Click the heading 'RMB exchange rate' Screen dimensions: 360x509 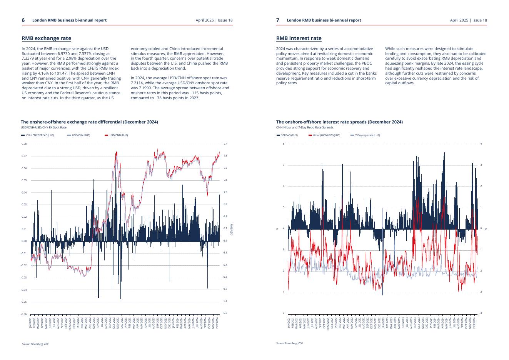[x=46, y=38]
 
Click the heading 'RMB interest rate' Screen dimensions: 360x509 [x=299, y=38]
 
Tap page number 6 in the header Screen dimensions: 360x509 [x=23, y=20]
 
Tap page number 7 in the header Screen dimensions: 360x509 [x=278, y=20]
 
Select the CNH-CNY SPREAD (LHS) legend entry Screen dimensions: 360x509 [x=38, y=135]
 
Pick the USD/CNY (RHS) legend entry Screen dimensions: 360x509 [x=78, y=135]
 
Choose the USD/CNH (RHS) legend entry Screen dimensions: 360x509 [x=116, y=135]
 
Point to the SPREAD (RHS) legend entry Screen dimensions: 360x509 [x=287, y=135]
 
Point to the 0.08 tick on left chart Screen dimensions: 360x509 [x=24, y=144]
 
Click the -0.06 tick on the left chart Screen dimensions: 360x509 [x=24, y=314]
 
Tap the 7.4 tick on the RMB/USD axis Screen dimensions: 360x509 [x=225, y=144]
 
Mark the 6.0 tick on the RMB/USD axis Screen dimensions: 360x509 [x=225, y=313]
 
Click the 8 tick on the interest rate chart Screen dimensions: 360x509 [x=284, y=144]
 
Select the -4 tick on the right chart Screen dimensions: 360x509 [x=480, y=313]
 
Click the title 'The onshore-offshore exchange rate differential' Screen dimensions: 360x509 [x=89, y=122]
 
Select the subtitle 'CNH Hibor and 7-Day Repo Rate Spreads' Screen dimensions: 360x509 [x=305, y=127]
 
